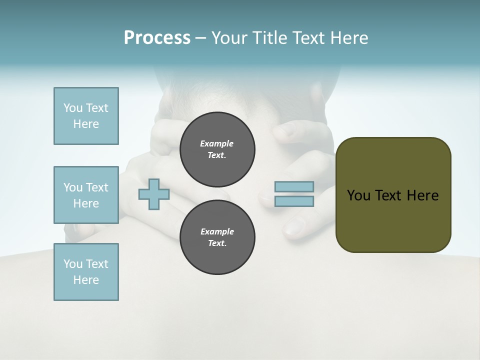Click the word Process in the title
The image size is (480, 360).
coord(157,38)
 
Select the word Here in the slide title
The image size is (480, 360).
coord(348,38)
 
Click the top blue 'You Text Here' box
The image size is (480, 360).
coord(86,116)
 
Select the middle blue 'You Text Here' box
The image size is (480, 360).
coord(86,195)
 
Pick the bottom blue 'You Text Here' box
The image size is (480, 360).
coord(86,272)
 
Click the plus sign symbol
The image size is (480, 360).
coord(154,194)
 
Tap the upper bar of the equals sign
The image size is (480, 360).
coord(294,186)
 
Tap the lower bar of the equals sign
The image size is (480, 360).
coord(294,201)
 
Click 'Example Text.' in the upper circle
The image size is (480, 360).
coord(217,149)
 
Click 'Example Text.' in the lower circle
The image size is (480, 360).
coord(217,237)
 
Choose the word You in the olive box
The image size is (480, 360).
coord(358,195)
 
